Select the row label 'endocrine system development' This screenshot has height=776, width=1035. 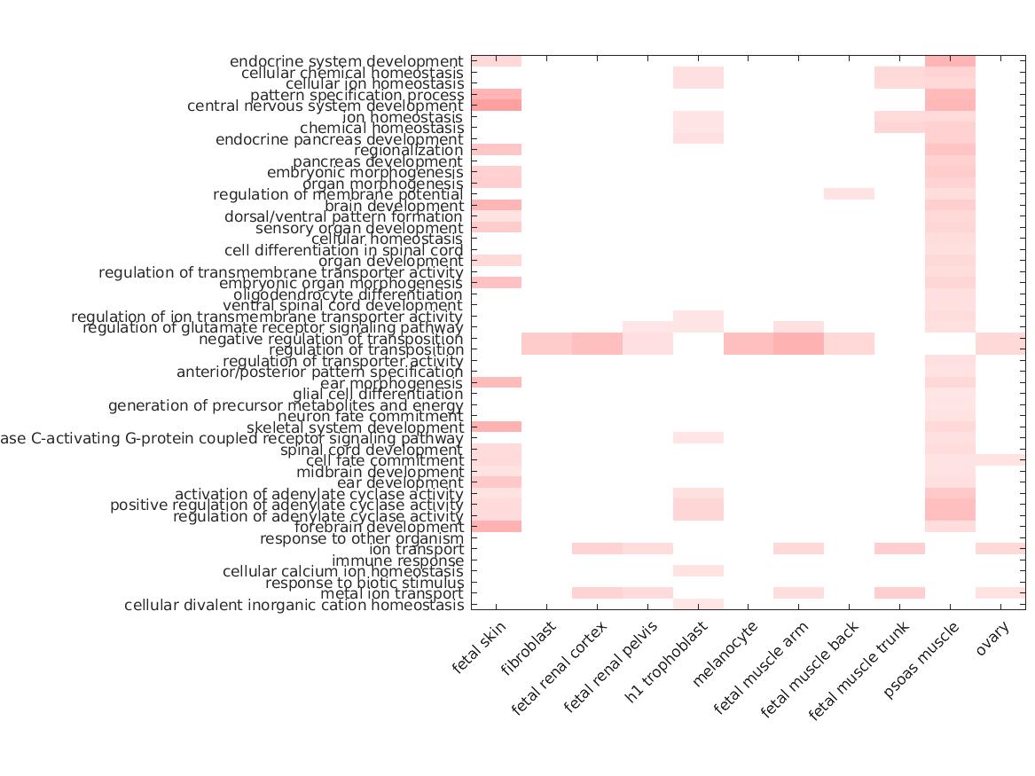point(346,62)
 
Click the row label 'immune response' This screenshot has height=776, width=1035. point(397,560)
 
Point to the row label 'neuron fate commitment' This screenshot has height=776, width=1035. point(370,417)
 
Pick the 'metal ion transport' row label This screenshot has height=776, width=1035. point(391,594)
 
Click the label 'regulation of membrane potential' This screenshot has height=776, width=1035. point(338,195)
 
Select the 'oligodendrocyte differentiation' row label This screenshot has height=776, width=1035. point(348,294)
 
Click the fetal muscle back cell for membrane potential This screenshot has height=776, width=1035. point(849,194)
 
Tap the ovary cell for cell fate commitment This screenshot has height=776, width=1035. point(1000,460)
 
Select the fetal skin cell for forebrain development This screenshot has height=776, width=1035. point(496,527)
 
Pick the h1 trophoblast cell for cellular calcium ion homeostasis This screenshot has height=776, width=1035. point(698,571)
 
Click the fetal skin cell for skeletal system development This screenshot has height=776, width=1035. point(496,427)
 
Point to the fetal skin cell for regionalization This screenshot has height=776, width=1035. point(496,150)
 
